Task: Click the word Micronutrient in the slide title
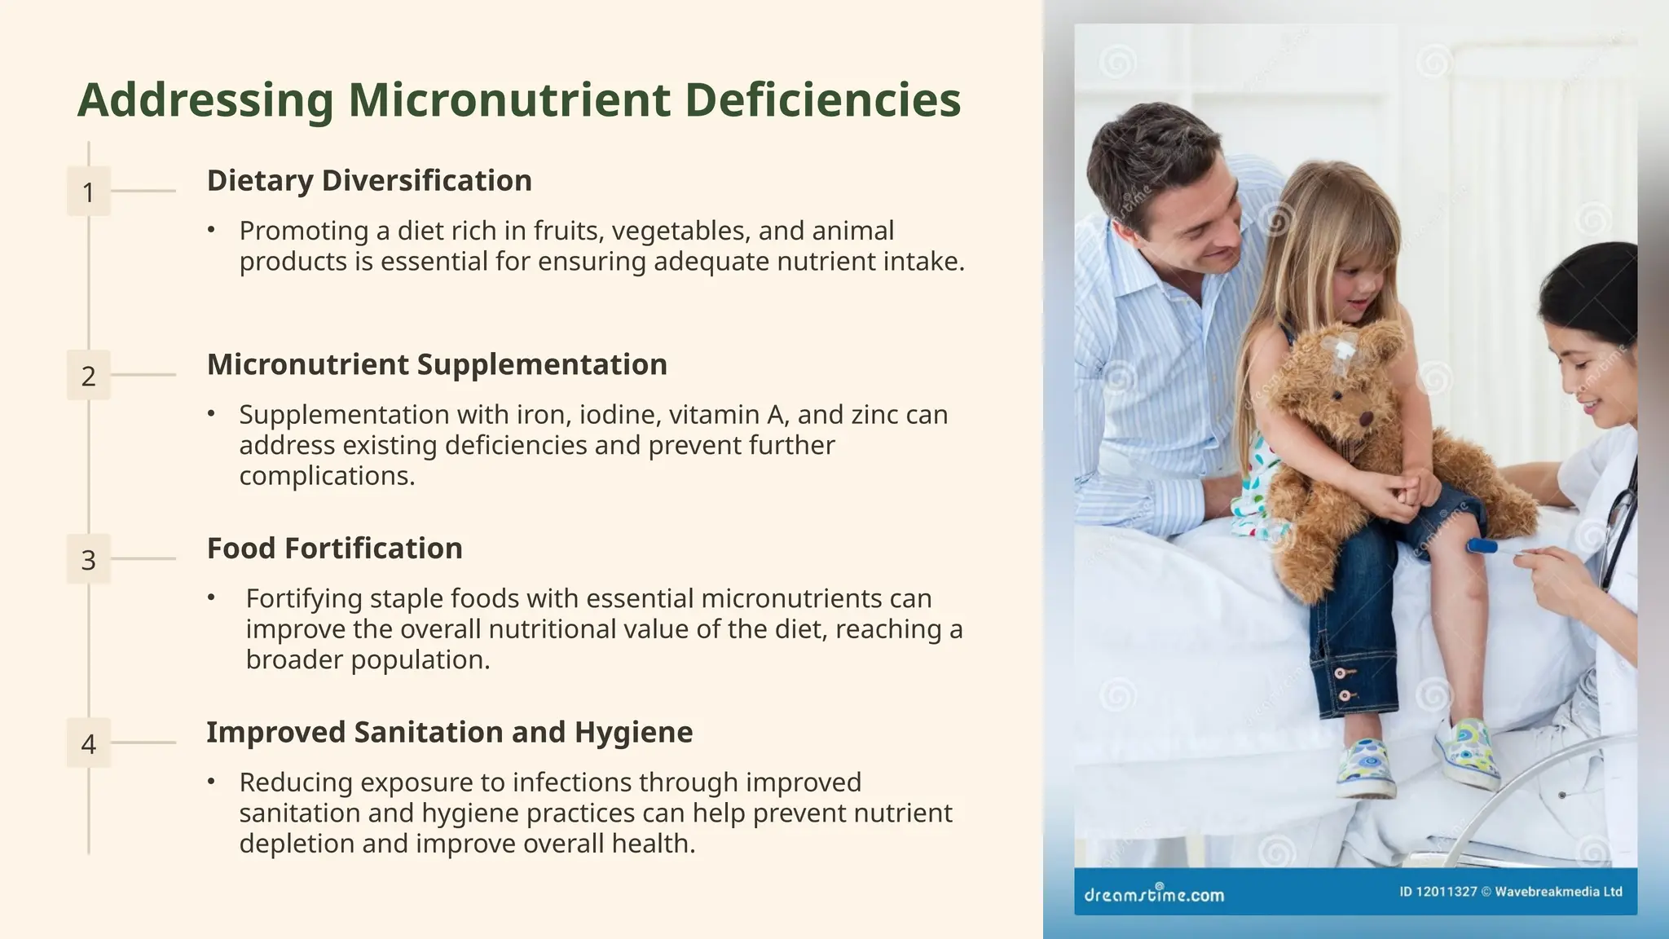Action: click(509, 100)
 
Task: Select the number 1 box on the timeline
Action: click(88, 192)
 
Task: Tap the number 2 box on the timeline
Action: click(88, 376)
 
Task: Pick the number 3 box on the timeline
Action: click(88, 560)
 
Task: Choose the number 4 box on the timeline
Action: click(88, 743)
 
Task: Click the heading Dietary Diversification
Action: click(369, 181)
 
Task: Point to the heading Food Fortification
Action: click(334, 549)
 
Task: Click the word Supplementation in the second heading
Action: click(542, 364)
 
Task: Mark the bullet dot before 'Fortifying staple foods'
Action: click(211, 598)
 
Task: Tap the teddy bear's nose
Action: click(1365, 418)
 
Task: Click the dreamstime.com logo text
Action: click(1154, 894)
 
